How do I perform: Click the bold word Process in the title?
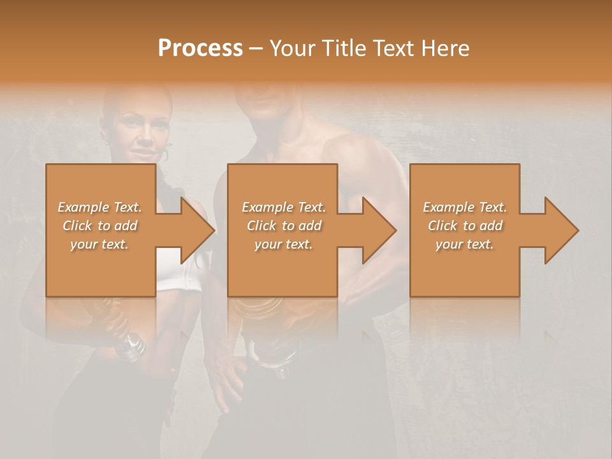(200, 48)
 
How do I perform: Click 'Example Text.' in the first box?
(99, 207)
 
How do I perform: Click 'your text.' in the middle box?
(283, 244)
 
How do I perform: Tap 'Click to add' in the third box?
(465, 226)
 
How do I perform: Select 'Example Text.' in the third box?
(465, 207)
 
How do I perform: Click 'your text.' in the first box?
(99, 244)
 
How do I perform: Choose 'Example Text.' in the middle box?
(283, 207)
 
